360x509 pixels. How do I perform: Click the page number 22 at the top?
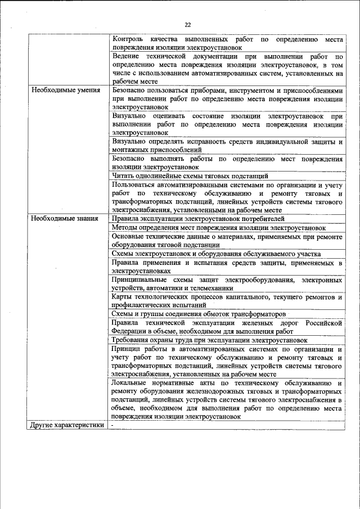[187, 24]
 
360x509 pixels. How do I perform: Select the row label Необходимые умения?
[65, 90]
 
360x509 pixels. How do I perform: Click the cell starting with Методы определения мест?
[218, 228]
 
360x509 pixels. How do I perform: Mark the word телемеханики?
[208, 288]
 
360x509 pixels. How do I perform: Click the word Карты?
[122, 296]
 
